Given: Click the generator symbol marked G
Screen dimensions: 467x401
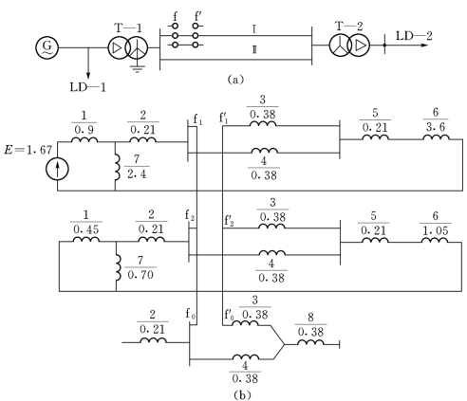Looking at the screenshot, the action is pyautogui.click(x=47, y=48).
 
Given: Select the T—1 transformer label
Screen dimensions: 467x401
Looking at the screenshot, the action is pyautogui.click(x=128, y=28).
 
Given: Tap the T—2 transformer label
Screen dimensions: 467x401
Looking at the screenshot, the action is pyautogui.click(x=348, y=26).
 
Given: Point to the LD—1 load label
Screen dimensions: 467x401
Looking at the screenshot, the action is pyautogui.click(x=87, y=87).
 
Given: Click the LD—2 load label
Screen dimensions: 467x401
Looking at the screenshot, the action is pyautogui.click(x=414, y=36).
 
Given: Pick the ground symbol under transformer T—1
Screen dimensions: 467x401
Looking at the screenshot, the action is pyautogui.click(x=137, y=69).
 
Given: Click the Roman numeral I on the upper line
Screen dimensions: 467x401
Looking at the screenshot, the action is pyautogui.click(x=254, y=29).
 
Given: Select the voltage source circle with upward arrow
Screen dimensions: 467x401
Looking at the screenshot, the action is pyautogui.click(x=57, y=170).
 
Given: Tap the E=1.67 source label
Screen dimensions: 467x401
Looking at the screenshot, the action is pyautogui.click(x=28, y=150).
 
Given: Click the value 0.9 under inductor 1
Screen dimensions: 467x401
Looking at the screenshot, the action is pyautogui.click(x=84, y=130).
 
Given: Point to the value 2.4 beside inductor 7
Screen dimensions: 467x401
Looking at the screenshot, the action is pyautogui.click(x=137, y=174).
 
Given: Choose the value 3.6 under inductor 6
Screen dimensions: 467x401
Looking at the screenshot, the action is pyautogui.click(x=436, y=127).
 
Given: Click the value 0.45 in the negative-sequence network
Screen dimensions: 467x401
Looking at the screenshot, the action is pyautogui.click(x=86, y=229).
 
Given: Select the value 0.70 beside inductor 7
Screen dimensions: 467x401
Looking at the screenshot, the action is pyautogui.click(x=140, y=275).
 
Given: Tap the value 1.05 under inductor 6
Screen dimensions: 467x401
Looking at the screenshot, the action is pyautogui.click(x=436, y=230).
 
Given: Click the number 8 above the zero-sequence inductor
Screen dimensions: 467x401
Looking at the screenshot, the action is pyautogui.click(x=310, y=318).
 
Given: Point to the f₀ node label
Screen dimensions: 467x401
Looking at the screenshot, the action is pyautogui.click(x=191, y=314).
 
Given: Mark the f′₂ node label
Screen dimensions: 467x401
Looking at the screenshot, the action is pyautogui.click(x=230, y=220).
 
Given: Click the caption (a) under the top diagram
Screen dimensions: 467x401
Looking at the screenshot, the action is pyautogui.click(x=235, y=79).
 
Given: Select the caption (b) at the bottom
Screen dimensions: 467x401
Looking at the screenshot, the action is pyautogui.click(x=242, y=395).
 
